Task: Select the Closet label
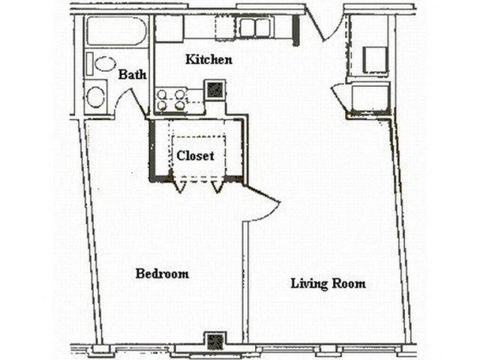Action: pyautogui.click(x=196, y=156)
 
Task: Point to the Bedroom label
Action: pyautogui.click(x=162, y=274)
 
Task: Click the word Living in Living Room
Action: pyautogui.click(x=306, y=283)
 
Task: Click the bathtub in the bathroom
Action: pyautogui.click(x=115, y=31)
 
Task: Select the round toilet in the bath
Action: pyautogui.click(x=96, y=95)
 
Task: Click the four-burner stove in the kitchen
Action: pyautogui.click(x=170, y=100)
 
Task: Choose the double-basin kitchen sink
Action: pyautogui.click(x=254, y=28)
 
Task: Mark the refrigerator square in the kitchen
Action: pyautogui.click(x=170, y=28)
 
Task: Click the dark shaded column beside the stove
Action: pyautogui.click(x=215, y=90)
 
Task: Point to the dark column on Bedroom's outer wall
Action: pyautogui.click(x=215, y=341)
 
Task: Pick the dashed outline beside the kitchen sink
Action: pyautogui.click(x=225, y=28)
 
